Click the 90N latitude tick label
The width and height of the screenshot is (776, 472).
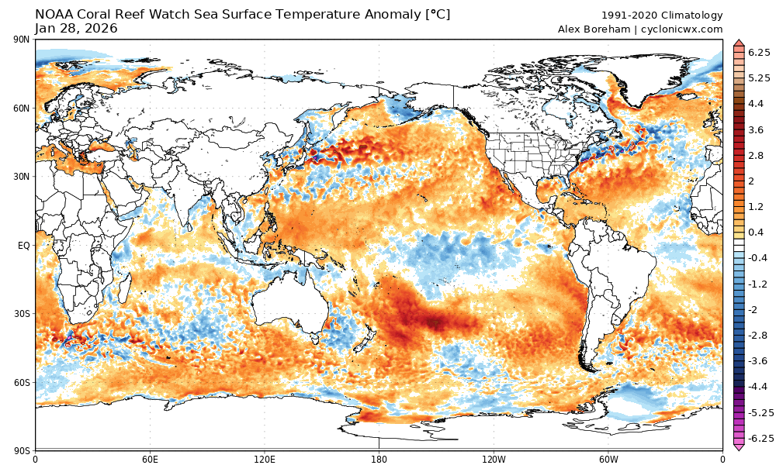click(x=21, y=40)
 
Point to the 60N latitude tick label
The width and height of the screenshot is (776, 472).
click(x=21, y=108)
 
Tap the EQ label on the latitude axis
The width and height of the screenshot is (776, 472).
click(x=23, y=245)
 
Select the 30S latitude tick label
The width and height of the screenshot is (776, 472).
click(x=22, y=313)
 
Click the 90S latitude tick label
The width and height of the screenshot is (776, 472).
click(x=22, y=450)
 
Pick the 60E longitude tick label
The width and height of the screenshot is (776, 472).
click(x=150, y=459)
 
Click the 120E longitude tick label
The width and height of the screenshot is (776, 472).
click(x=264, y=459)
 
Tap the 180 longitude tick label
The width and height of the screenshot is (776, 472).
click(x=379, y=459)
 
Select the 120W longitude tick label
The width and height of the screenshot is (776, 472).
click(x=494, y=459)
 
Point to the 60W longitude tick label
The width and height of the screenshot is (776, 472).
click(x=608, y=459)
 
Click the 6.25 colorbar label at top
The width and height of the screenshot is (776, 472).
click(x=758, y=52)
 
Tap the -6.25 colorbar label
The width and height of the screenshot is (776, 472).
click(x=757, y=439)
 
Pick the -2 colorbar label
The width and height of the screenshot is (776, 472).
click(x=753, y=309)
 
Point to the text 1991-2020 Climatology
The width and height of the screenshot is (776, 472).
click(x=662, y=16)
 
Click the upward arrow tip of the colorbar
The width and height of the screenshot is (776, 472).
click(x=738, y=41)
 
